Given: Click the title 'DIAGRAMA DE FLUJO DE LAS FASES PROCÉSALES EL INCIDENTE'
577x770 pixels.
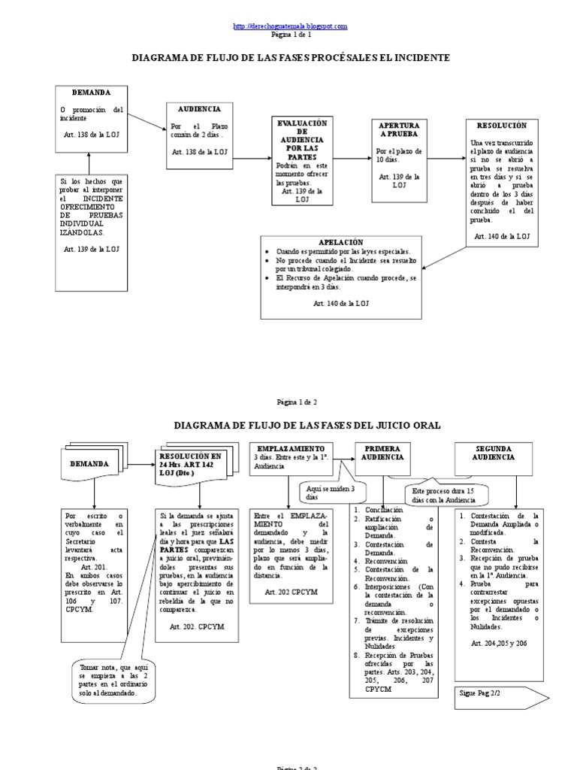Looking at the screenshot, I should [x=291, y=57].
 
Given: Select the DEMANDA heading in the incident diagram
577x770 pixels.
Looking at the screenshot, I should [x=91, y=92].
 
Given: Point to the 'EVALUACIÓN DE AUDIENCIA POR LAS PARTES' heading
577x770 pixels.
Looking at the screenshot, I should [x=300, y=139].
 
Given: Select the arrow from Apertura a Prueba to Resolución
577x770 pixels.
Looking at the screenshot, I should [x=445, y=159].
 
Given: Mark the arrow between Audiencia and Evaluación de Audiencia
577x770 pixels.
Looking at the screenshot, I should [x=254, y=159].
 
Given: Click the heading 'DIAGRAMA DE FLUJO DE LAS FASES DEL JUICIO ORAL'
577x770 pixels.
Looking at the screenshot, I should [x=307, y=425].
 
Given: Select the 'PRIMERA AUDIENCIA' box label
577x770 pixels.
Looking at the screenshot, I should [x=382, y=452].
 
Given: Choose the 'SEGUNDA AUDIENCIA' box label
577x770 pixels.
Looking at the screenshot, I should [x=494, y=452].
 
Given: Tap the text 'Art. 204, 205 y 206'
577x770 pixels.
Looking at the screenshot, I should [x=500, y=644].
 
